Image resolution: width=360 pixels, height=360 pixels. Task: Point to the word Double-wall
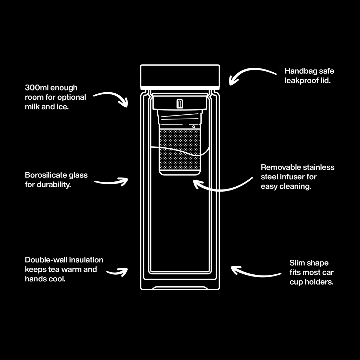pyautogui.click(x=46, y=260)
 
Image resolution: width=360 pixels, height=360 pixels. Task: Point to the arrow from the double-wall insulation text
pyautogui.click(x=117, y=272)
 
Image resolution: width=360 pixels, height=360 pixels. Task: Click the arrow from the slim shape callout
pyautogui.click(x=255, y=272)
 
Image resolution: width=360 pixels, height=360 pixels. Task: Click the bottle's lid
pyautogui.click(x=180, y=76)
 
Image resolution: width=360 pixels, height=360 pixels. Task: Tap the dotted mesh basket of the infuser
pyautogui.click(x=180, y=149)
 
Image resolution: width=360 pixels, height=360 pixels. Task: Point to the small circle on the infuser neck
pyautogui.click(x=193, y=126)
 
